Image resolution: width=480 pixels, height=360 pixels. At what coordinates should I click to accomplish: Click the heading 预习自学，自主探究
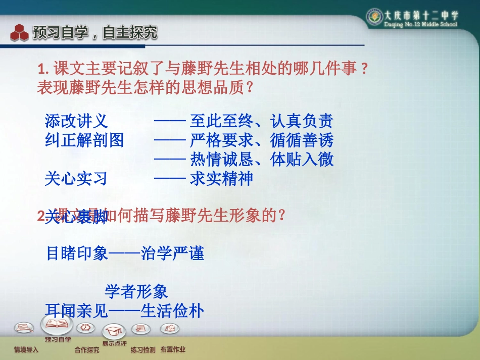95,33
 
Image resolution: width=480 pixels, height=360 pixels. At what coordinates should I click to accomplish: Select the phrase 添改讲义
76,121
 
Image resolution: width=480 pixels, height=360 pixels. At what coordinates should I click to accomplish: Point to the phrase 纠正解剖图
84,140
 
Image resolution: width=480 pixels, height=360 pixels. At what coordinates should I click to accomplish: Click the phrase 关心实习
76,179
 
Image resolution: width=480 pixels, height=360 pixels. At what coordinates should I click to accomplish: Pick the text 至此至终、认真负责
261,121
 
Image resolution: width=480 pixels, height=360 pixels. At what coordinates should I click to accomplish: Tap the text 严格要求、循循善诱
261,140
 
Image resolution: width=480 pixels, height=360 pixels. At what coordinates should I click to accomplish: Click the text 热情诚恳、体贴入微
261,160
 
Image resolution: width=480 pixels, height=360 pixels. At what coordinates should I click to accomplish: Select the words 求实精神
221,179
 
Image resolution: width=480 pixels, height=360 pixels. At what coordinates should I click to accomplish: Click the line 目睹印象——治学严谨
125,253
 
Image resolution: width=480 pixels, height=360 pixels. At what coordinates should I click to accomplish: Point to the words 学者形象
136,291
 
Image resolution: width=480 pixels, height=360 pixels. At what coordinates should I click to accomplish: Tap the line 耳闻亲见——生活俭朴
125,311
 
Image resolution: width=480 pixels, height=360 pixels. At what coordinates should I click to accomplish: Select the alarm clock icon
86,327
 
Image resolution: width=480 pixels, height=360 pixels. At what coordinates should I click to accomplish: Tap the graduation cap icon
114,331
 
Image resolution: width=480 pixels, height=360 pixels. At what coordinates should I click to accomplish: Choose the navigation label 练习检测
143,349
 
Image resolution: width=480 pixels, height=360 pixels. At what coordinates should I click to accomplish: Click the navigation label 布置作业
173,349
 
